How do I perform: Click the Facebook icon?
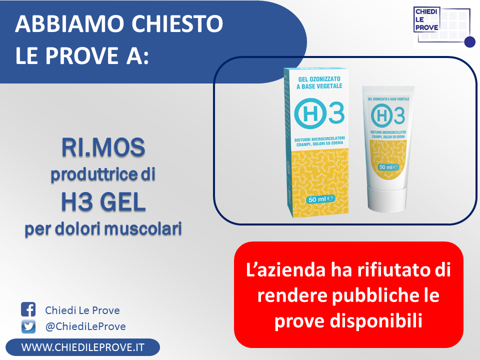(x=28, y=309)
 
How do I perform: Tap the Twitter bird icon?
(x=28, y=326)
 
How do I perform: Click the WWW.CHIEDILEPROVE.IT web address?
(x=82, y=347)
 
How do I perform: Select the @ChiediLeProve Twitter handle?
(x=85, y=326)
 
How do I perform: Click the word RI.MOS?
(x=103, y=147)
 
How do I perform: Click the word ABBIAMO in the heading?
(x=69, y=23)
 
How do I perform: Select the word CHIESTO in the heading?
(x=177, y=23)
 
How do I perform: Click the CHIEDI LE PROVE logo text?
(x=426, y=19)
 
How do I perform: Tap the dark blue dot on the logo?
(x=469, y=42)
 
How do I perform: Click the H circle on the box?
(x=309, y=113)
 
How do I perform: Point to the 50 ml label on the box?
(x=320, y=199)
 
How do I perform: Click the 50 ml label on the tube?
(x=388, y=167)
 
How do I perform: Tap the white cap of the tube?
(x=387, y=198)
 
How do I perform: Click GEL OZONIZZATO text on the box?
(x=319, y=79)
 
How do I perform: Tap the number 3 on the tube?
(x=399, y=115)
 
